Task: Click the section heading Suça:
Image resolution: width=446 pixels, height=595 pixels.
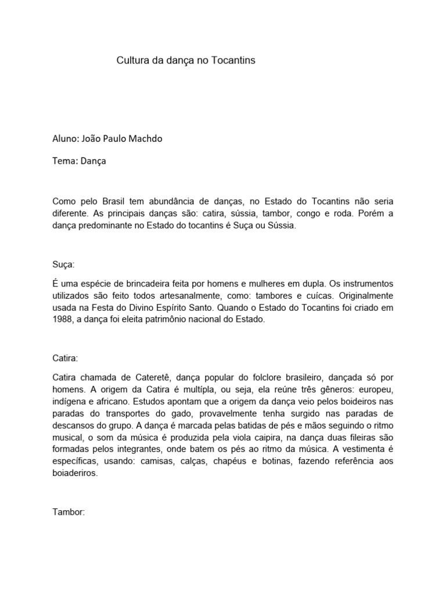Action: coord(63,264)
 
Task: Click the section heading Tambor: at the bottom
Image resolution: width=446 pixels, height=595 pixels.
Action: coord(69,512)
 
